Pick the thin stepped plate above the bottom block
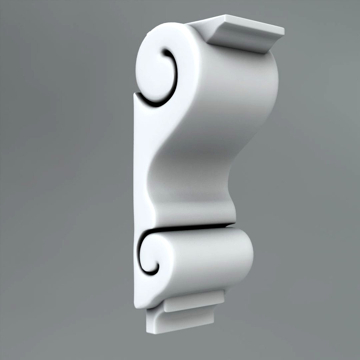point(193,302)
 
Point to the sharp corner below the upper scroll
point(135,95)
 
